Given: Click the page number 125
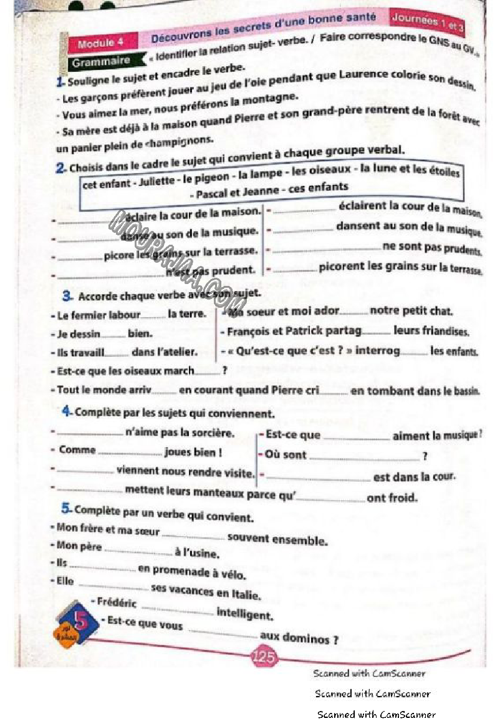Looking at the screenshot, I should point(264,657).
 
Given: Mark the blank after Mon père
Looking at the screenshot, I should point(138,552).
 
